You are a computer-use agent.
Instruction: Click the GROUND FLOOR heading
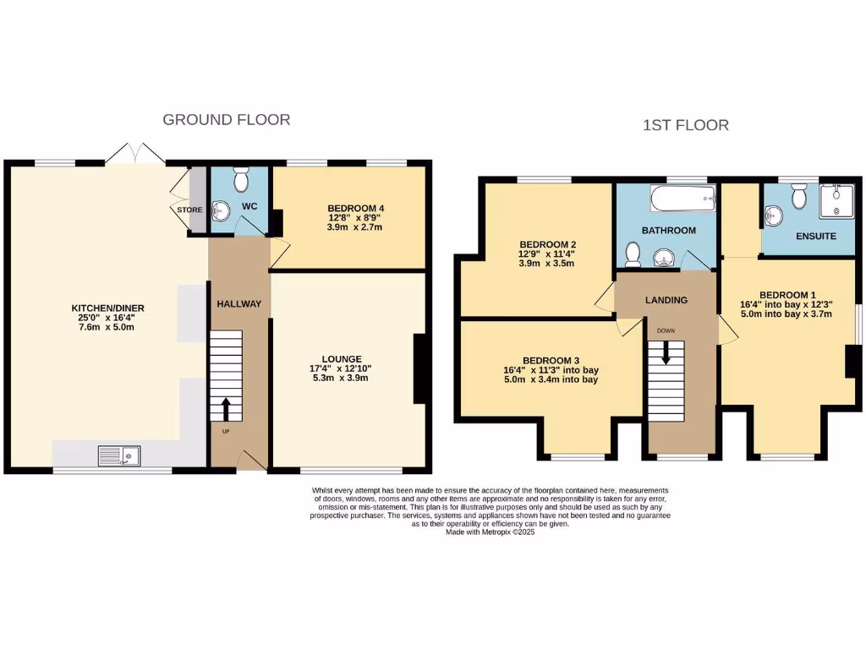tap(226, 120)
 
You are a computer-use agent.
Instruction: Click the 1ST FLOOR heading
tap(686, 125)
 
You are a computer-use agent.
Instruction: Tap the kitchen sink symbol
tap(119, 456)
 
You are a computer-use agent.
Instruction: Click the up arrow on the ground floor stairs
tap(226, 408)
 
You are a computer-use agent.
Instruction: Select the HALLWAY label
tap(238, 304)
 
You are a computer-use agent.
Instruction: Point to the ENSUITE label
tap(815, 237)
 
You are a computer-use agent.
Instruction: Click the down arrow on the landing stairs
tap(666, 352)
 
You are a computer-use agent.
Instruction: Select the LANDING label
tap(666, 300)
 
